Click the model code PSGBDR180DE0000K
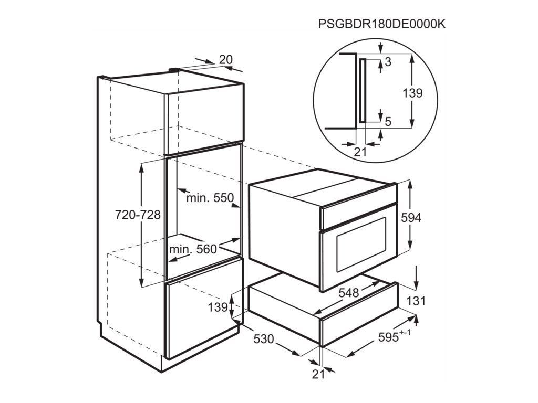(382, 24)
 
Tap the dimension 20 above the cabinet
(225, 60)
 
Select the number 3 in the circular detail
(388, 62)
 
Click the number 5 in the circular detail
(388, 122)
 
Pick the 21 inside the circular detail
(360, 152)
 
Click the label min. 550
(210, 198)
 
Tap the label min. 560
(199, 249)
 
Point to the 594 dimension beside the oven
(411, 218)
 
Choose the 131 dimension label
(416, 301)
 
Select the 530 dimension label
(263, 340)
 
